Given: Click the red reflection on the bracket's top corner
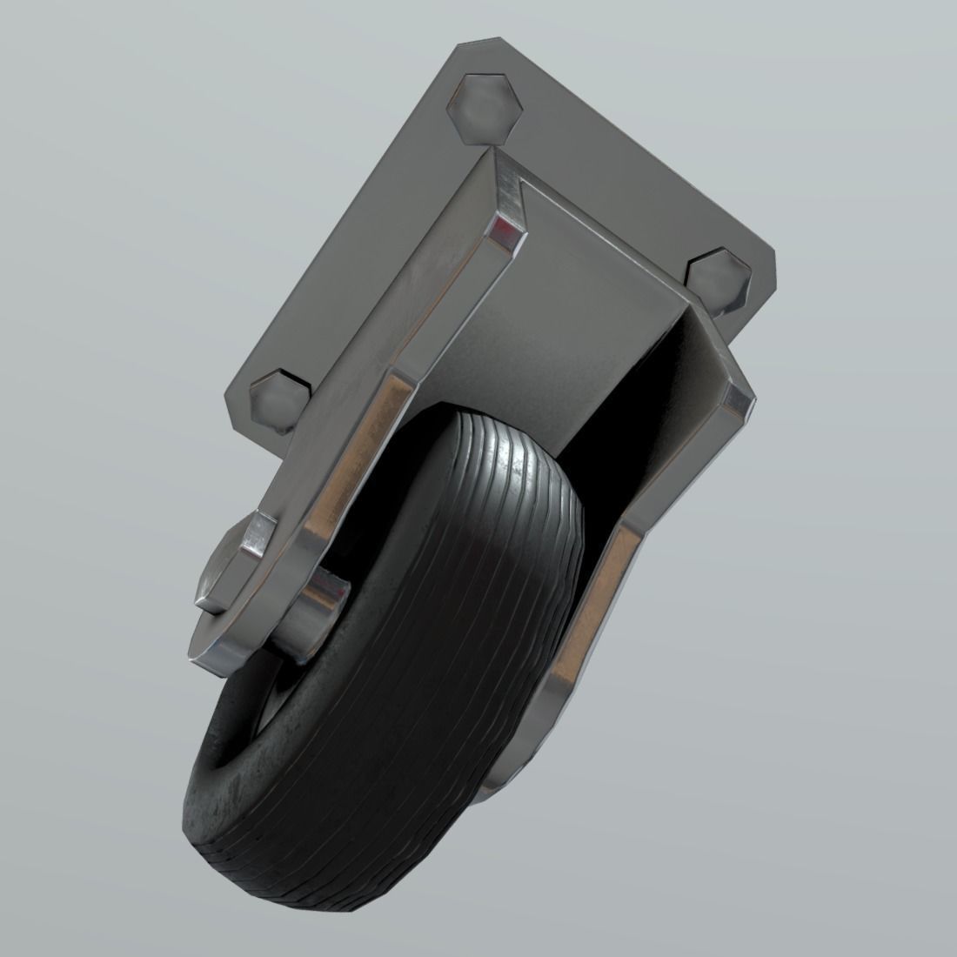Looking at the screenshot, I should tap(503, 230).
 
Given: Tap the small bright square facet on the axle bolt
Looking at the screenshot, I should tap(258, 532).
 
